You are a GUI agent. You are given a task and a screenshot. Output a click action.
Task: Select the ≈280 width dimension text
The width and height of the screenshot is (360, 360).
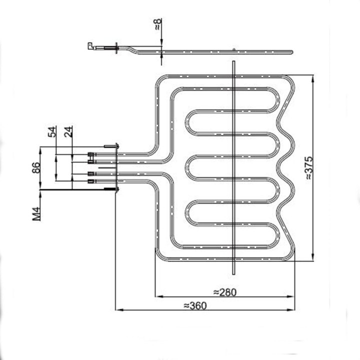click(x=224, y=291)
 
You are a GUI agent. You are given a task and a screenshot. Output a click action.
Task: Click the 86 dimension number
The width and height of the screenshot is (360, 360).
click(x=36, y=167)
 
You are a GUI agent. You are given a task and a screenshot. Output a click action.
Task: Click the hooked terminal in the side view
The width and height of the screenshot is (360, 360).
click(x=90, y=46)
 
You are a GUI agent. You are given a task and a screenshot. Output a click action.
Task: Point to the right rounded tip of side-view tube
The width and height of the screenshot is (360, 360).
click(x=290, y=50)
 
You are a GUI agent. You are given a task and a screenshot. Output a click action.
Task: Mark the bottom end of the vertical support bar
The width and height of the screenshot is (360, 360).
click(x=233, y=273)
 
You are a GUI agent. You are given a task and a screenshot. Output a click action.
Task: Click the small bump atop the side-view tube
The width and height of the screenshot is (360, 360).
click(x=233, y=48)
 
